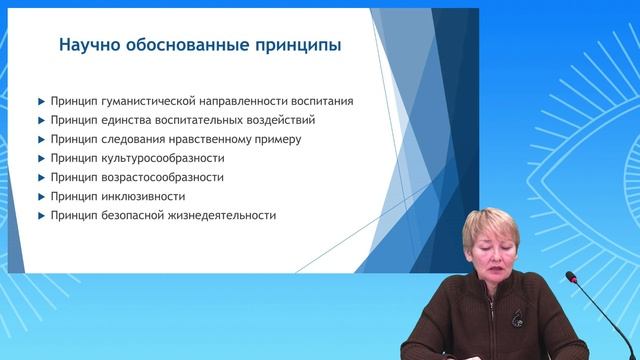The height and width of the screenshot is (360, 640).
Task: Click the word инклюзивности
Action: click(x=142, y=196)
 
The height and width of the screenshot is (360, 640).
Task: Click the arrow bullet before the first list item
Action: click(x=40, y=100)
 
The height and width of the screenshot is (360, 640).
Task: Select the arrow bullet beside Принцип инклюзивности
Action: click(x=40, y=196)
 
